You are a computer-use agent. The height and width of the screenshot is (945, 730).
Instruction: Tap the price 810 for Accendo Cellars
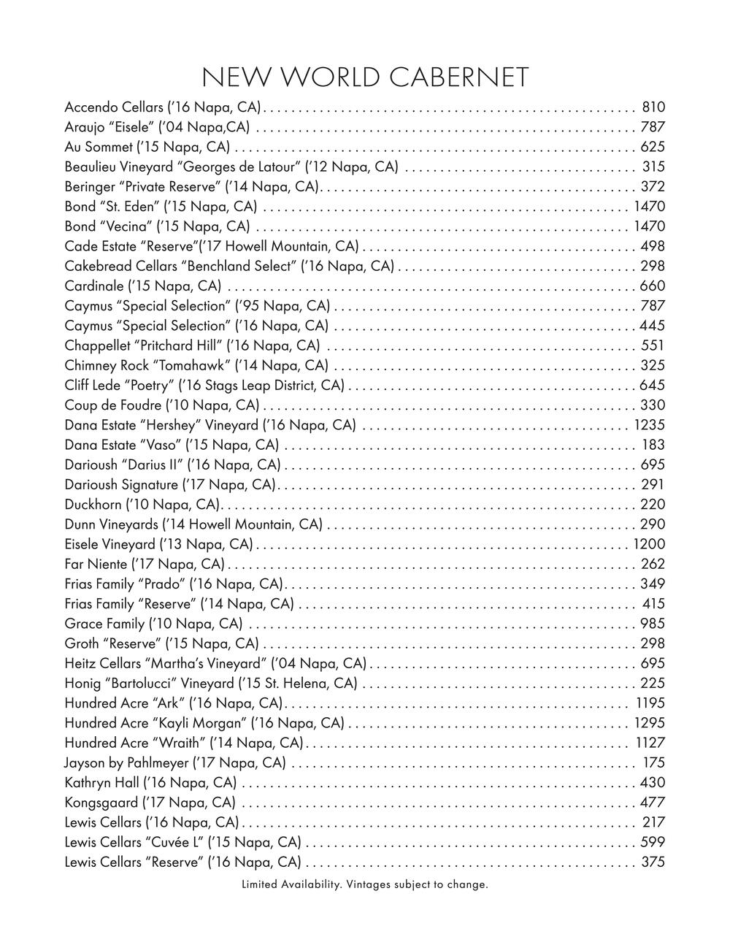tap(653, 107)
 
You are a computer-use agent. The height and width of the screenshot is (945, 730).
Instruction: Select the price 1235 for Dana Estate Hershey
tap(650, 425)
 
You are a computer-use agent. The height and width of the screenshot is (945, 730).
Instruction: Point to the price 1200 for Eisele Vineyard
tap(650, 544)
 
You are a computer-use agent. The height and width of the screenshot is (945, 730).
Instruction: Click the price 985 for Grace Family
tap(653, 624)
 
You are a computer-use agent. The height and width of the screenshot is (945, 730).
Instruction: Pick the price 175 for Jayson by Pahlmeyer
tap(654, 762)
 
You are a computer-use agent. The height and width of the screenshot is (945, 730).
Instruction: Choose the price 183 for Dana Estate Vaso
tap(653, 445)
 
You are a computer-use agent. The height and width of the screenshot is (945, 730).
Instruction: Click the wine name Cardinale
tap(94, 286)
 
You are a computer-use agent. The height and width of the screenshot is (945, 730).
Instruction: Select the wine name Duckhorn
tap(93, 504)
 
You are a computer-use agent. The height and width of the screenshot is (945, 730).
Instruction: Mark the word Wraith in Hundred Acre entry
tap(180, 743)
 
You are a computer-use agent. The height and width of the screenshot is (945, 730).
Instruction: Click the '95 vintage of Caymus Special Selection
tap(247, 305)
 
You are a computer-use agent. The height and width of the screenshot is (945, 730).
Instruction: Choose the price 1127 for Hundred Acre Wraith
tap(650, 743)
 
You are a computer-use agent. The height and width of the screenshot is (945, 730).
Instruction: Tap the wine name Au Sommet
tap(99, 147)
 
